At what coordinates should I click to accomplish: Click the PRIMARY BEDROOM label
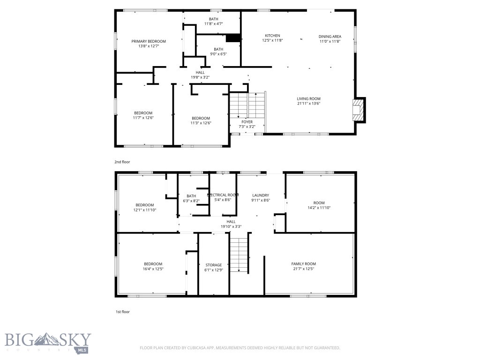[x=149, y=41]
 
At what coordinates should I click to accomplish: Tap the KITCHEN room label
[x=272, y=36]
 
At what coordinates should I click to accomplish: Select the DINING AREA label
[x=330, y=36]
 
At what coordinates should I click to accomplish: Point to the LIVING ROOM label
[x=308, y=98]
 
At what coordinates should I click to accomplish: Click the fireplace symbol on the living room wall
[x=359, y=110]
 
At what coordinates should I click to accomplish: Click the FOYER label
[x=247, y=122]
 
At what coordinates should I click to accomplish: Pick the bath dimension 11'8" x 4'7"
[x=213, y=23]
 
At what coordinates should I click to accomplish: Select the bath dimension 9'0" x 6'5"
[x=218, y=54]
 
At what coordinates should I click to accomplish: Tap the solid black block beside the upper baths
[x=233, y=38]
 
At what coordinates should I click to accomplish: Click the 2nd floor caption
[x=122, y=162]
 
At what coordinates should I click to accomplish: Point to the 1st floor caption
[x=122, y=312]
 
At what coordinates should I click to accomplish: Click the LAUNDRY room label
[x=261, y=195]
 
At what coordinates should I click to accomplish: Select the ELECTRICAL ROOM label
[x=223, y=195]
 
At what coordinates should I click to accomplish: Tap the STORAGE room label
[x=214, y=265]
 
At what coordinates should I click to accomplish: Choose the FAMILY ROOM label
[x=304, y=264]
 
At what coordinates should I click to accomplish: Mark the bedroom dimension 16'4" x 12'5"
[x=153, y=269]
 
